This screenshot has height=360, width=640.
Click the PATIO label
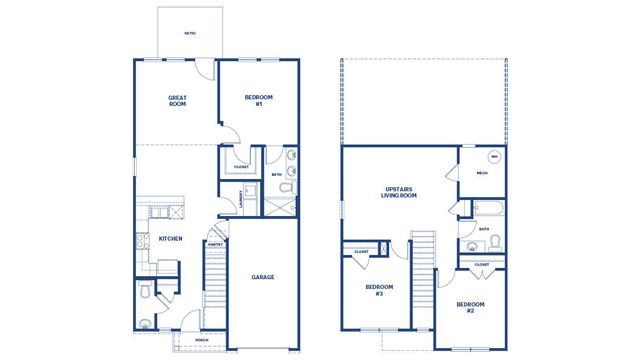click(x=189, y=34)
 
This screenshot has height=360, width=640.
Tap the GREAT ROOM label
click(x=177, y=101)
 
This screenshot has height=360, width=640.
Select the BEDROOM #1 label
click(x=259, y=101)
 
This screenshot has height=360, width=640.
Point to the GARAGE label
click(x=262, y=277)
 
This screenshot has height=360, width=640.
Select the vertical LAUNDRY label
click(x=241, y=198)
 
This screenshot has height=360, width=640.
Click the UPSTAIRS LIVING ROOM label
click(x=399, y=192)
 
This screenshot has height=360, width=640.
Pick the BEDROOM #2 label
click(x=470, y=306)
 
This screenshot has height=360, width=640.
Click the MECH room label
click(x=481, y=173)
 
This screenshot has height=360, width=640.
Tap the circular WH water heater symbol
click(x=493, y=157)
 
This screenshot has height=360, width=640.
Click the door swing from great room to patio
click(x=203, y=70)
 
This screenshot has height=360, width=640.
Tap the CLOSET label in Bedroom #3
click(x=360, y=251)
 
